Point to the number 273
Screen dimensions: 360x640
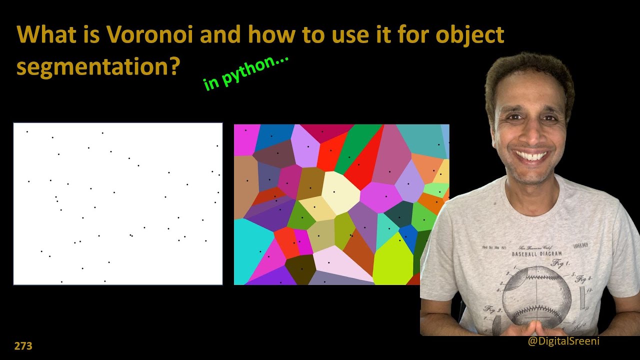click(x=23, y=345)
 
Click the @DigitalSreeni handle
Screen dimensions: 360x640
click(x=563, y=341)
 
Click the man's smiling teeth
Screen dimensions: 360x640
click(x=532, y=156)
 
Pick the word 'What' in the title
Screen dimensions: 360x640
click(x=43, y=34)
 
